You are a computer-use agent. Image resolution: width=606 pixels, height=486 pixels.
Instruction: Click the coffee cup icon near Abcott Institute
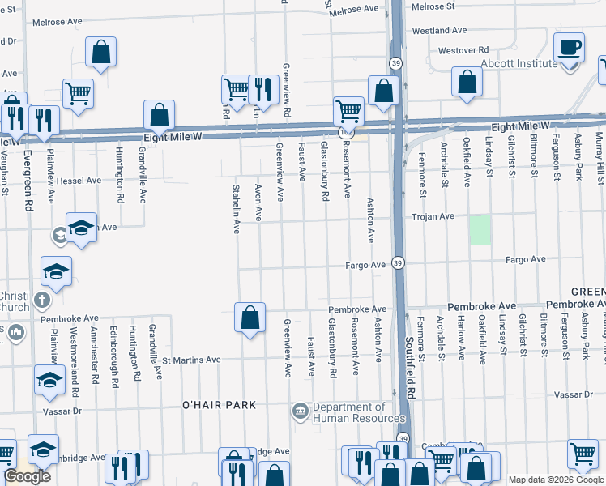tap(569, 47)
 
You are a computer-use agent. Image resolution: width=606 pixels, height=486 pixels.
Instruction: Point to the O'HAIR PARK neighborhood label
tap(219, 404)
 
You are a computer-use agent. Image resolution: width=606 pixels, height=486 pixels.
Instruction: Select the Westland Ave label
tap(440, 30)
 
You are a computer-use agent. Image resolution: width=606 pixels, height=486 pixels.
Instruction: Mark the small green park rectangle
tap(480, 230)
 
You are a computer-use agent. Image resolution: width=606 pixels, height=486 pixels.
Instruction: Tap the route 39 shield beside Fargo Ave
tap(398, 262)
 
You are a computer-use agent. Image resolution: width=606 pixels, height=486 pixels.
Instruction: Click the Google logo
tap(28, 476)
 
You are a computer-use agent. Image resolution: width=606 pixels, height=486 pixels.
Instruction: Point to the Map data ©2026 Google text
tap(555, 480)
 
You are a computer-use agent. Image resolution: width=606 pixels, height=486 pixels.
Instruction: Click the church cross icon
tap(43, 302)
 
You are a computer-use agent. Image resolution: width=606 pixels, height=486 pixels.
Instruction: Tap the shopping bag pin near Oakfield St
tap(467, 82)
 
